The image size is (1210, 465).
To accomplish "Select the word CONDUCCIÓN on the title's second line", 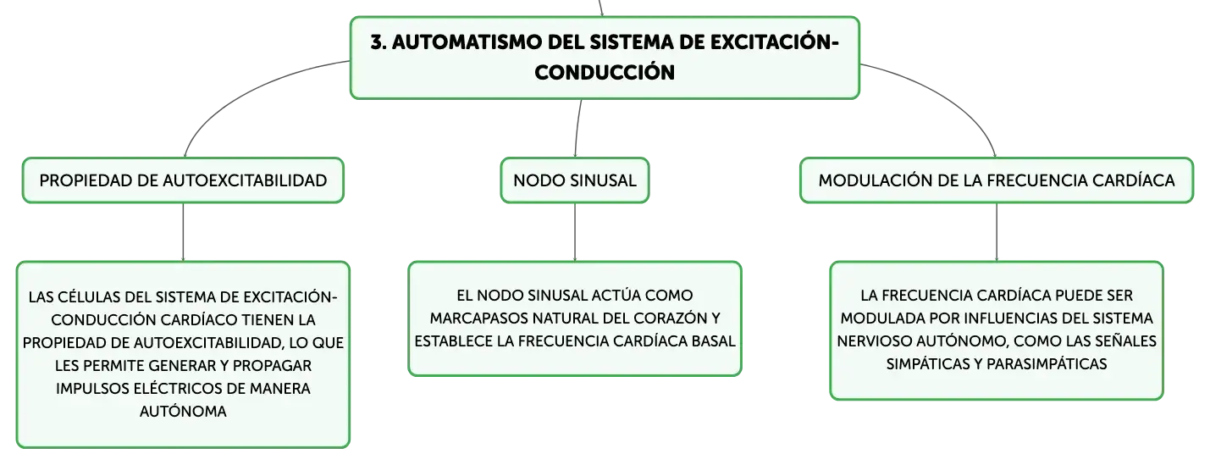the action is tap(605, 72).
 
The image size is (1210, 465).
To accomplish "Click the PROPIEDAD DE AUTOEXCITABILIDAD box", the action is tap(183, 180).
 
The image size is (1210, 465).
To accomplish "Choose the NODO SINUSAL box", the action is tap(575, 180).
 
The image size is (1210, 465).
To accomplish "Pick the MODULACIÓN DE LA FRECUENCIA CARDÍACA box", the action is tap(997, 180).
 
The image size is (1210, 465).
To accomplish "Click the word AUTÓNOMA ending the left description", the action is tap(183, 411).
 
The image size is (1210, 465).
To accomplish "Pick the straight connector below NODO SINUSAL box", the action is tap(575, 232).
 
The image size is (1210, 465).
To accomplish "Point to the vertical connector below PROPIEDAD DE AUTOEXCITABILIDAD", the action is tap(183, 232).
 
